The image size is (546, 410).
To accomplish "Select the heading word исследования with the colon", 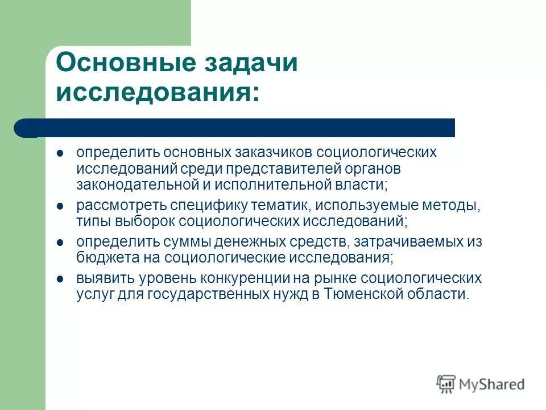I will tap(156, 92).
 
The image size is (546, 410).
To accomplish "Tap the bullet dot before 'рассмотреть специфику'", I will tap(61, 205).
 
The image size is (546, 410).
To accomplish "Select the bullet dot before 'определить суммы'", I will tap(61, 242).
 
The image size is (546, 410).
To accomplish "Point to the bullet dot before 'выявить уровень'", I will tap(61, 279).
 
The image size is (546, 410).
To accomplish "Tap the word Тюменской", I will tap(361, 294).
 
